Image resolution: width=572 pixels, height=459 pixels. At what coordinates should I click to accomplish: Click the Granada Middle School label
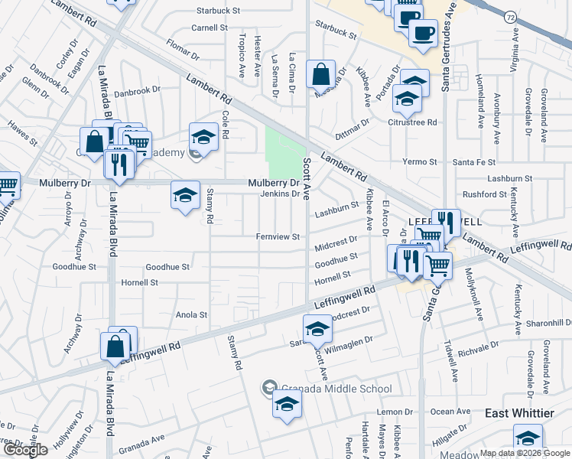pyautogui.click(x=335, y=389)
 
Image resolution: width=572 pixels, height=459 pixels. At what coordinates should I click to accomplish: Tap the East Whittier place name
pyautogui.click(x=519, y=413)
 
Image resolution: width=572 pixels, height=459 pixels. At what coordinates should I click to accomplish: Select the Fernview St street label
pyautogui.click(x=278, y=237)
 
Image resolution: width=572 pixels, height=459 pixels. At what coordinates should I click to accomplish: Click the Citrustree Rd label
pyautogui.click(x=412, y=122)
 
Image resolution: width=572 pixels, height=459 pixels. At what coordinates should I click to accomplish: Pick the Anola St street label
pyautogui.click(x=192, y=314)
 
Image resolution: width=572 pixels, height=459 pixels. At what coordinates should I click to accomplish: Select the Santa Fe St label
pyautogui.click(x=472, y=162)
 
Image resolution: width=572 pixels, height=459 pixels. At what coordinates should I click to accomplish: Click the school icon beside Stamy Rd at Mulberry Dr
pyautogui.click(x=185, y=196)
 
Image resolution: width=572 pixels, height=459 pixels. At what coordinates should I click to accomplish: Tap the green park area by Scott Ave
pyautogui.click(x=284, y=149)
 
